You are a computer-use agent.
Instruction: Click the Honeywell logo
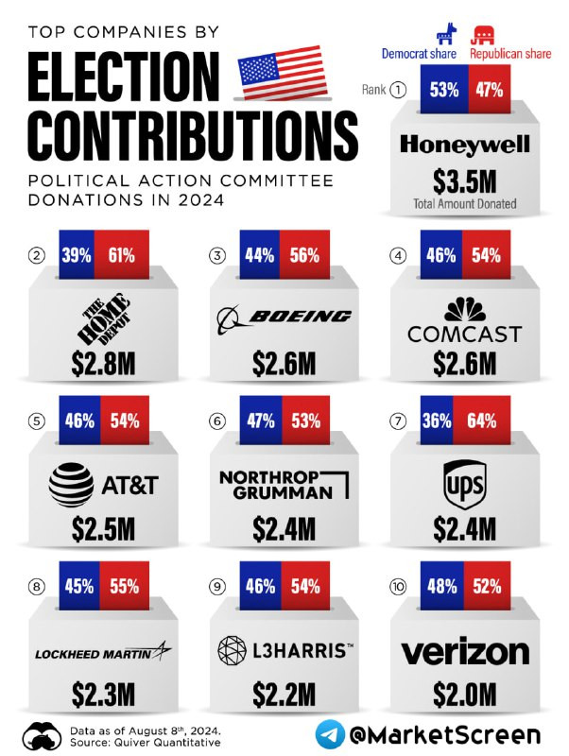click(464, 146)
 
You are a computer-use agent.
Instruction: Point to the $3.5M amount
click(464, 181)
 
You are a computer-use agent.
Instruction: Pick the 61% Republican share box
click(123, 254)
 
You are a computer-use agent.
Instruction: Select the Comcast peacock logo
click(464, 309)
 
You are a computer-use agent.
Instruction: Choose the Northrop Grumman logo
click(284, 483)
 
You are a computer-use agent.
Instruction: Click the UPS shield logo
click(464, 484)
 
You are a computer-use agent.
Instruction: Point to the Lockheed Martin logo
click(104, 652)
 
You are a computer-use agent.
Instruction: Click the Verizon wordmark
click(464, 652)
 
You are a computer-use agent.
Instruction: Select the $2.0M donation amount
click(464, 695)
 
